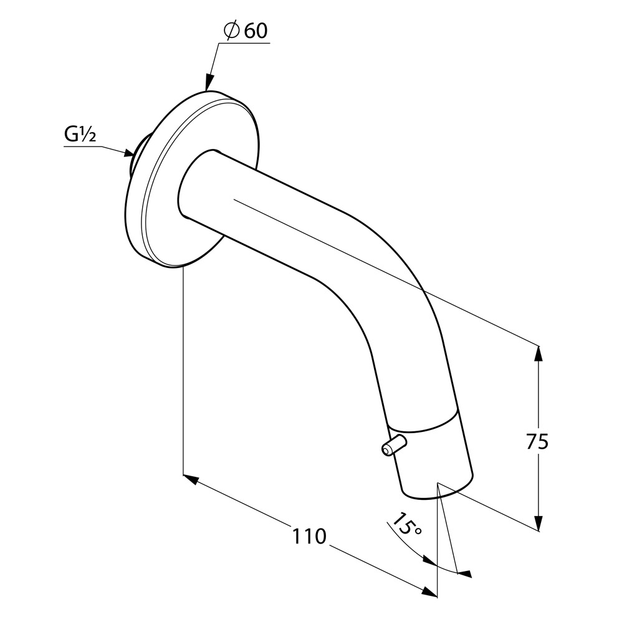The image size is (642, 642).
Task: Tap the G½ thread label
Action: (80, 135)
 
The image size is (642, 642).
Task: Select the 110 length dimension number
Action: (310, 536)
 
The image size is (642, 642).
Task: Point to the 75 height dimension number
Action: (537, 442)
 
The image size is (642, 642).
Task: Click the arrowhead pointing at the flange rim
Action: (209, 81)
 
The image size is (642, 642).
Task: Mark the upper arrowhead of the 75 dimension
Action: (539, 354)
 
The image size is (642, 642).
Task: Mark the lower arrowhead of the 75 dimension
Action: (539, 523)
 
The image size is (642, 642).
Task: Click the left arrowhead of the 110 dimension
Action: (191, 479)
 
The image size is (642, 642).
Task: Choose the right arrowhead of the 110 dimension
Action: (429, 592)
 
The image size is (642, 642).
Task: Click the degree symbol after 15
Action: (418, 531)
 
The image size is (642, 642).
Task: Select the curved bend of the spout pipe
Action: (381, 282)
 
